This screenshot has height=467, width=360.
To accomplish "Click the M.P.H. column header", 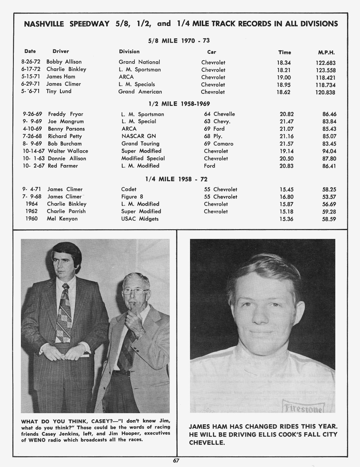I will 326,53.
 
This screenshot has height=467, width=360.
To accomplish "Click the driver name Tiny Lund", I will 59,91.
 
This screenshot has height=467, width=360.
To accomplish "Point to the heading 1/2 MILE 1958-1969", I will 179,104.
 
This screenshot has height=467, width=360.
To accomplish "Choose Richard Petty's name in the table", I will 65,136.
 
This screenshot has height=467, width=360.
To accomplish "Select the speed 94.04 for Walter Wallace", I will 329,151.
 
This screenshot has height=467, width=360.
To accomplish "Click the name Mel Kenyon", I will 62,219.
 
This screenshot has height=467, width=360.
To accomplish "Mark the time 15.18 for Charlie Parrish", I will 286,212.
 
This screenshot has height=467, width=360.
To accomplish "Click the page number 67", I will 176,461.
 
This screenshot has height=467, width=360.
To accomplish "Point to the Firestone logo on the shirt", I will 302,409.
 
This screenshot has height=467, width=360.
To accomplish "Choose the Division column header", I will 129,51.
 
